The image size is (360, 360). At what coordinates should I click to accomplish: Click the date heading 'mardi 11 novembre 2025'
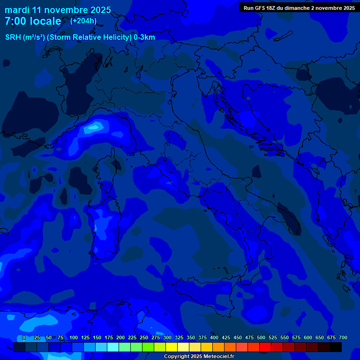pos(58,10)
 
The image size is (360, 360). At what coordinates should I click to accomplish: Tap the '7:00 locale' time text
pos(33,22)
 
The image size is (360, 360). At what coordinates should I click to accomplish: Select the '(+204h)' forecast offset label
pos(83,21)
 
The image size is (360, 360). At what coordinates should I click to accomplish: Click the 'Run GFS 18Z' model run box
pos(299,7)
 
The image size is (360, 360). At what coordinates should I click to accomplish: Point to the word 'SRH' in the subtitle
pos(14,37)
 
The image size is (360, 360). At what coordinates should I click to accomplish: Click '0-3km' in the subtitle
pos(144,37)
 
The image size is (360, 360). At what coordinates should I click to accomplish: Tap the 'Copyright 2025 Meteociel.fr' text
pos(199,357)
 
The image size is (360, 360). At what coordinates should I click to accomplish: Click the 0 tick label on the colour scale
pos(24,337)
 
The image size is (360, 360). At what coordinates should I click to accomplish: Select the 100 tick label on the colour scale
pos(74,337)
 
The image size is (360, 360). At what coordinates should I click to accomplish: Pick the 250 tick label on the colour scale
pos(144,337)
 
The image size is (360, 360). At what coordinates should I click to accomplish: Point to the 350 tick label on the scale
pos(191,337)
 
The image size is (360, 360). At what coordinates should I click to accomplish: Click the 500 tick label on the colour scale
pos(261,337)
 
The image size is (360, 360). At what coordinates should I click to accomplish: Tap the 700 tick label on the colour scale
pos(343,337)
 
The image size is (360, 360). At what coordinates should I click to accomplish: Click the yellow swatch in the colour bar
pos(172,347)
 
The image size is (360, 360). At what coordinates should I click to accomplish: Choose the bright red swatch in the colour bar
pos(265,347)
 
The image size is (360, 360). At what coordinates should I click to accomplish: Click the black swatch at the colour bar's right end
pos(336,347)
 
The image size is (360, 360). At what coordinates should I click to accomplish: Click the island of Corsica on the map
pos(108,164)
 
